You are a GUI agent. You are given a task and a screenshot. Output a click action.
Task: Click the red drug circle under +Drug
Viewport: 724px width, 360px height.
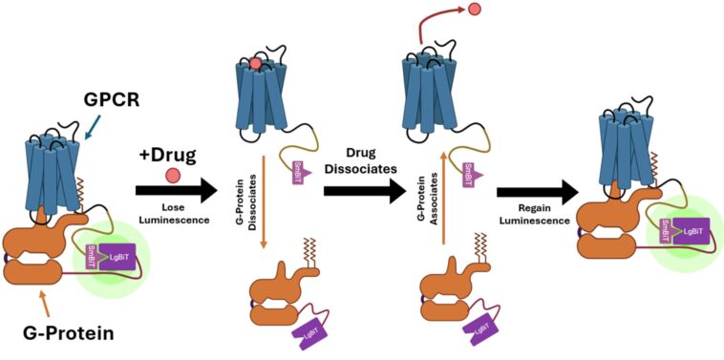click(173, 175)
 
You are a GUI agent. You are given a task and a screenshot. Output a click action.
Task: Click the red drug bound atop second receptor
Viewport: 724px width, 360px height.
click(256, 64)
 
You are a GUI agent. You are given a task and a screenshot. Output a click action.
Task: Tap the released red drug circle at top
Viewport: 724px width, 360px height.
click(473, 11)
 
